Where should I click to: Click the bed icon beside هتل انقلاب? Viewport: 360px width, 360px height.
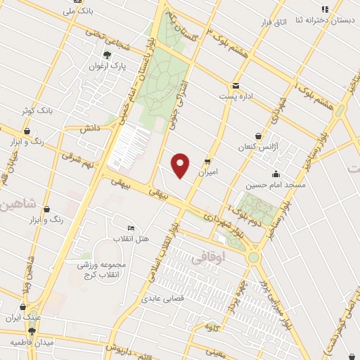131,228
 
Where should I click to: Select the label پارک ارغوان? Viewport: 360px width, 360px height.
107,66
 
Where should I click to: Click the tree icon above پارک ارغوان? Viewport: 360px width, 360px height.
107,54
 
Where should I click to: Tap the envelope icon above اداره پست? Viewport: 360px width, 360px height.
235,84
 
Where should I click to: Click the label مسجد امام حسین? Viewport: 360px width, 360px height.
276,186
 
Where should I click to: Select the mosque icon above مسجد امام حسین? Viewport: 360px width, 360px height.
276,174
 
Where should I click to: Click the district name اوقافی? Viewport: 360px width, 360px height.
206,258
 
